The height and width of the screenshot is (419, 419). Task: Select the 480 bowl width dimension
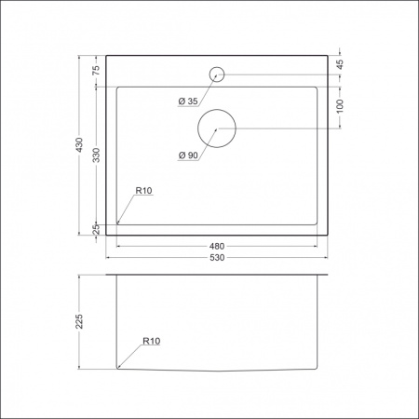218,246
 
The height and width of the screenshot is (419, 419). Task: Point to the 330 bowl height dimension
96,154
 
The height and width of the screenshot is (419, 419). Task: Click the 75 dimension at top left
96,71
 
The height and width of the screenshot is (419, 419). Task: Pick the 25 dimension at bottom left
96,230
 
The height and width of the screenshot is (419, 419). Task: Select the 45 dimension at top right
341,64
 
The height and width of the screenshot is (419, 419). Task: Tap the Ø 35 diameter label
186,101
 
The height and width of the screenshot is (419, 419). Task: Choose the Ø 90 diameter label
186,155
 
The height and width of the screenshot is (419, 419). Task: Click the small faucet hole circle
216,74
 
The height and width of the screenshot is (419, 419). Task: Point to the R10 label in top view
143,191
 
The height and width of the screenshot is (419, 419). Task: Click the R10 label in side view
151,342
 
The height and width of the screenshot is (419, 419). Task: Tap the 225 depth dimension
81,322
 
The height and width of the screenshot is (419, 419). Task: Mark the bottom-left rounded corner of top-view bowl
117,223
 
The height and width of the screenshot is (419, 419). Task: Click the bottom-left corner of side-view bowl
117,368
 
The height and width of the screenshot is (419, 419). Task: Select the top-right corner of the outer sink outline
330,55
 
